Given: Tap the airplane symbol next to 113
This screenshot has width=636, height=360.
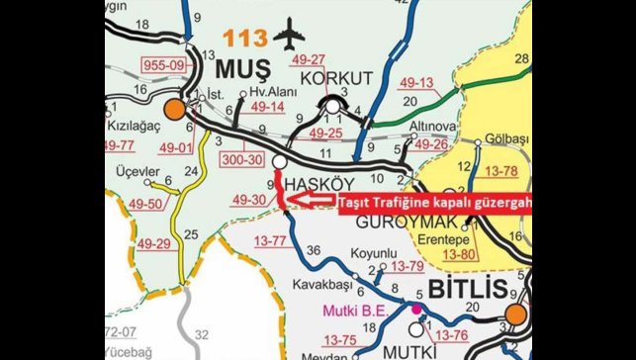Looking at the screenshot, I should (287, 37).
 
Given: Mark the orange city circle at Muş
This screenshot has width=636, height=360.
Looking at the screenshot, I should (175, 109).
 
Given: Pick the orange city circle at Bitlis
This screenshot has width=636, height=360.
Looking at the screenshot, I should (515, 315).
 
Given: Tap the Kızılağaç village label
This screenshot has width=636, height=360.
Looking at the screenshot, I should (136, 128).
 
